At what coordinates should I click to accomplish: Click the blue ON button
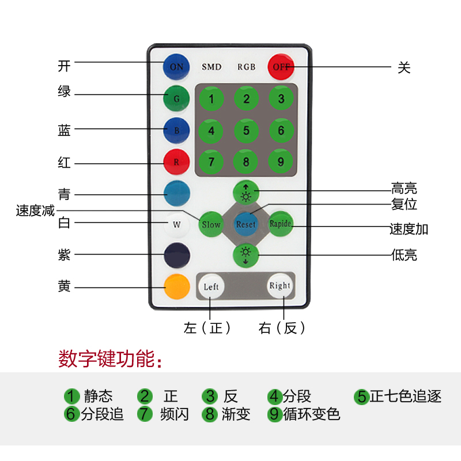[x=176, y=66]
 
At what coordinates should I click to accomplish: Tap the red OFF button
[x=281, y=66]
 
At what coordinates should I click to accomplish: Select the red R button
[x=176, y=162]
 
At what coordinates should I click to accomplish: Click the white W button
[x=176, y=225]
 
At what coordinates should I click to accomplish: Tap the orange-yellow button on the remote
[x=176, y=286]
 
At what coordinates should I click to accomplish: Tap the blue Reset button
[x=246, y=224]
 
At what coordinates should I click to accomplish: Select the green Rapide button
[x=281, y=224]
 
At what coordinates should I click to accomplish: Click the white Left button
[x=211, y=286]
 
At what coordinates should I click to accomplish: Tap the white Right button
[x=280, y=285]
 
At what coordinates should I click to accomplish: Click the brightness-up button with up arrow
[x=246, y=192]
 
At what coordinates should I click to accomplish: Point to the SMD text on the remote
[x=211, y=67]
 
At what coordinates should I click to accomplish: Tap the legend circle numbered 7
[x=145, y=414]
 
